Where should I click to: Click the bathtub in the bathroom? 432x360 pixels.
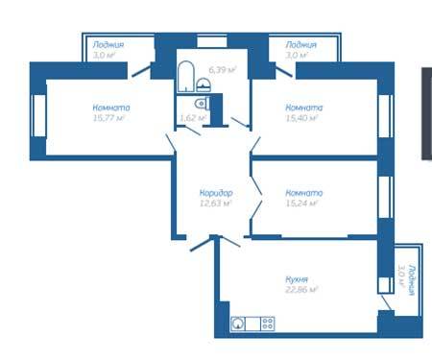186,77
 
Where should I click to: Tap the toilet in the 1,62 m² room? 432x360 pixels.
202,104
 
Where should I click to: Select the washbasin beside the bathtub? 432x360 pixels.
204,85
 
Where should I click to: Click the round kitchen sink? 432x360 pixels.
238,324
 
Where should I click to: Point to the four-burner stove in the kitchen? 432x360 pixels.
268,324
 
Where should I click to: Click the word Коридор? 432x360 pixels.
216,193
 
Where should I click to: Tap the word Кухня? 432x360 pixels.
297,279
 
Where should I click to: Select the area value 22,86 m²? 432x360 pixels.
301,290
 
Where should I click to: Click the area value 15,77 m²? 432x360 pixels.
108,118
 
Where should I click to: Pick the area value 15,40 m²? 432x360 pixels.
301,118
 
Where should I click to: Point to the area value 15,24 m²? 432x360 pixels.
301,204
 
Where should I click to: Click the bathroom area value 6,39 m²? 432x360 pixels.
223,69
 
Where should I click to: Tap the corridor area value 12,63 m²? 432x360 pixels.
215,204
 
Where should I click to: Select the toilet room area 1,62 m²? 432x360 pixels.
193,118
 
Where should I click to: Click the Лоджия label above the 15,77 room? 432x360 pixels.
108,45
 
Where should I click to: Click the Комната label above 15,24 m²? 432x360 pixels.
304,193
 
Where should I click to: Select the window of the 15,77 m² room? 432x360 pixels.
39,115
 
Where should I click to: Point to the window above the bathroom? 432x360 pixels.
212,42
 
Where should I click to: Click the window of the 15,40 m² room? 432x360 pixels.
386,116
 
